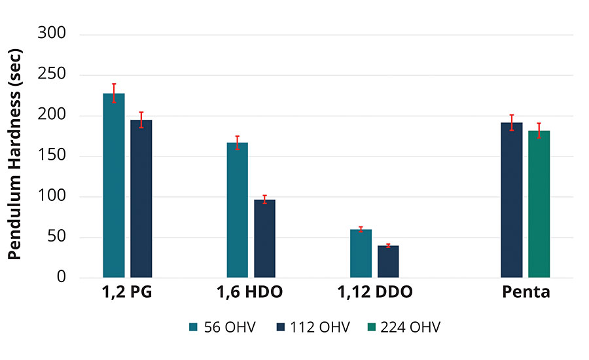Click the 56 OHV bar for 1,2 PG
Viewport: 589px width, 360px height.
point(114,186)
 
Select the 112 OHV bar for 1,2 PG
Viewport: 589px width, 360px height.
point(141,199)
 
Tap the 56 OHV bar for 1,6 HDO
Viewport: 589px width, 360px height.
point(238,209)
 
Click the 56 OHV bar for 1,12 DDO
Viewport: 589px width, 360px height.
point(361,253)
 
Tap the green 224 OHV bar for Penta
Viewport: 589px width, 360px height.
point(539,204)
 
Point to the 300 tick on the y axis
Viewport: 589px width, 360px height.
point(52,33)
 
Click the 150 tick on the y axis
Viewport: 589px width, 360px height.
point(52,156)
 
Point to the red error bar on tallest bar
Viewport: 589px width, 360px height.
point(114,93)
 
